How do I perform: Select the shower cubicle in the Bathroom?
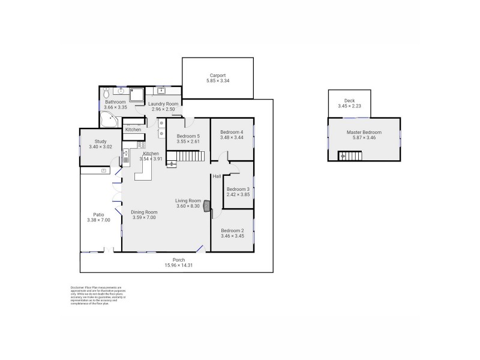(x=137, y=94)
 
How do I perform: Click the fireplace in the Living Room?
(x=207, y=206)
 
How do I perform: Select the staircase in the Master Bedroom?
(x=351, y=156)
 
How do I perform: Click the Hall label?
(x=217, y=176)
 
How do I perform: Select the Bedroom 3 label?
(x=238, y=189)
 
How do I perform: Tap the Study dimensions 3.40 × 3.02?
(x=100, y=146)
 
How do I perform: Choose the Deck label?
(x=349, y=101)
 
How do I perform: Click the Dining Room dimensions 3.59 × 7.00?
(x=144, y=217)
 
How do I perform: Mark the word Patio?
(x=98, y=214)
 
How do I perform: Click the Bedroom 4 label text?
(x=232, y=132)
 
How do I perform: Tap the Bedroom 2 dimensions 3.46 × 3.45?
(x=232, y=236)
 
